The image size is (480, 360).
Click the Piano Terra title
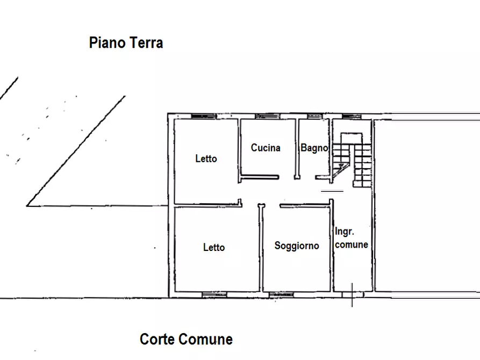click(x=126, y=42)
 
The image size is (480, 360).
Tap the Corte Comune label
click(x=186, y=339)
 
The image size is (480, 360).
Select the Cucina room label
click(x=266, y=148)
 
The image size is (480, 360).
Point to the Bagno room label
click(x=314, y=148)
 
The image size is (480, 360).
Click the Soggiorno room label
click(x=297, y=246)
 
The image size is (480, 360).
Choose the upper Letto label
click(x=206, y=159)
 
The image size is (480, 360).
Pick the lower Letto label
click(x=214, y=247)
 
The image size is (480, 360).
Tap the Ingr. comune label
click(x=352, y=238)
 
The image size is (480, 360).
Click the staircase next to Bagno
click(x=352, y=160)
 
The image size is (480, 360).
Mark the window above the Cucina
click(x=267, y=116)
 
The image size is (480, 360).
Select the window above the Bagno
click(x=315, y=116)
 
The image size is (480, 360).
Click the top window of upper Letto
click(x=204, y=116)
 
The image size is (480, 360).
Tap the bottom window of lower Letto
click(x=214, y=294)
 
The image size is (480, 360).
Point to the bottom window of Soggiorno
click(x=281, y=294)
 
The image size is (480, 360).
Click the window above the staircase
click(x=352, y=116)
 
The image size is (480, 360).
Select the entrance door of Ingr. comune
click(x=353, y=294)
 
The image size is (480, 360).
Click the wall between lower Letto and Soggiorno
click(x=261, y=248)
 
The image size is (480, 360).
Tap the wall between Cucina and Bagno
click(x=297, y=148)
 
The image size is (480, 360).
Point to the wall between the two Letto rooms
click(x=207, y=205)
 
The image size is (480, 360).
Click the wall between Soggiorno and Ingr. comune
click(x=332, y=246)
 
